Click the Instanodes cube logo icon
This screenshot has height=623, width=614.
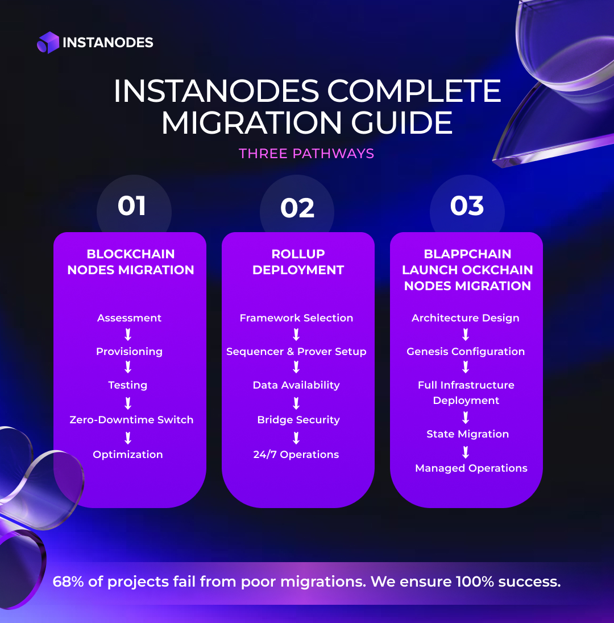click(48, 43)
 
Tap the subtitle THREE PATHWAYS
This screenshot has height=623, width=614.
click(306, 154)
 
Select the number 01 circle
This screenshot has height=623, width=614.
click(132, 206)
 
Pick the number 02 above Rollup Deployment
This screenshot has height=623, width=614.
click(297, 209)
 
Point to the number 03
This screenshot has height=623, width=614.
click(467, 206)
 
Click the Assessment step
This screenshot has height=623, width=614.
click(130, 318)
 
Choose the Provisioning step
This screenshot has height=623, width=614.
click(129, 352)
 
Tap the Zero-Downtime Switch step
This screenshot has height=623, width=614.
click(131, 420)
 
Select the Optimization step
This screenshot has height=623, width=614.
click(128, 455)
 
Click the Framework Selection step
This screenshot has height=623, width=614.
click(296, 318)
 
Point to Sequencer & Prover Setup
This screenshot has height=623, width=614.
click(296, 352)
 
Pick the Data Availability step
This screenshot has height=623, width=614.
click(296, 385)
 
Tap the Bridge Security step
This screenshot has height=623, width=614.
click(298, 420)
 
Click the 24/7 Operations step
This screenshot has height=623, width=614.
click(296, 455)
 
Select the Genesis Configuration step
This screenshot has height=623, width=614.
click(466, 352)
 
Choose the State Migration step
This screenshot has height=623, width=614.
click(468, 434)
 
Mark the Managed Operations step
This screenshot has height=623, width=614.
click(471, 468)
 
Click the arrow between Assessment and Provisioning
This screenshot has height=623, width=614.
click(128, 335)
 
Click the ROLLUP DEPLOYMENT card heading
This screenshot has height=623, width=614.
click(298, 262)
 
